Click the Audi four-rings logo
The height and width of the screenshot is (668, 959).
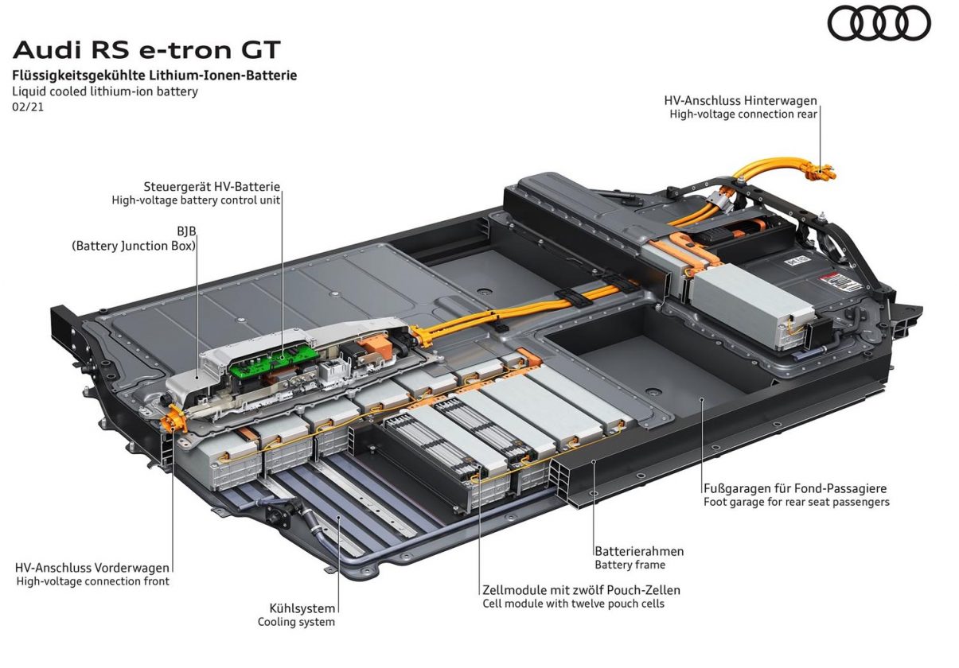(x=879, y=24)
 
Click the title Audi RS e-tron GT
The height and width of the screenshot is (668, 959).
(x=147, y=49)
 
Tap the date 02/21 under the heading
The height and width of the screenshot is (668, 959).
(x=28, y=107)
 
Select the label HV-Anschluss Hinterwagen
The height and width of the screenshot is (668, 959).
(x=741, y=100)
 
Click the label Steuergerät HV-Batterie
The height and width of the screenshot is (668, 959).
(x=212, y=187)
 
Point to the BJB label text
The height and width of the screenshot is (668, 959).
(x=186, y=231)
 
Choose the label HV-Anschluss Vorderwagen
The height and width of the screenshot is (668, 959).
(x=92, y=568)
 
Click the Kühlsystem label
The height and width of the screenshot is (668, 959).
(x=302, y=608)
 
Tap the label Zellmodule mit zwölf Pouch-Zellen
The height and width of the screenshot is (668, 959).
(x=582, y=590)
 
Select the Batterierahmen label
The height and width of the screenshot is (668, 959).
(x=639, y=551)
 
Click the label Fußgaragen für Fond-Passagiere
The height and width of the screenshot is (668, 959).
(x=795, y=488)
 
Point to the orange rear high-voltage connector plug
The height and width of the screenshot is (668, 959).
(x=820, y=172)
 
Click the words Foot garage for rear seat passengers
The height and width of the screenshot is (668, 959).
(x=797, y=502)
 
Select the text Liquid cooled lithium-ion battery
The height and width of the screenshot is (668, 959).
(x=105, y=91)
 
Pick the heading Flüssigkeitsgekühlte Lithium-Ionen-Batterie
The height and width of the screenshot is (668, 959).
(x=154, y=76)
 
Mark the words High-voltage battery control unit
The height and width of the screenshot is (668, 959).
(x=196, y=200)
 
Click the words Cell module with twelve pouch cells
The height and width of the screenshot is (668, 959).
(x=573, y=604)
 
